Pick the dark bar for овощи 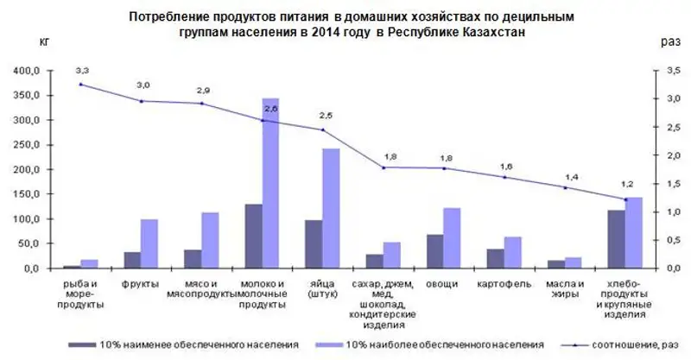[434, 250]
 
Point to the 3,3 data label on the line [81, 70]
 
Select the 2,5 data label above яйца [325, 115]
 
